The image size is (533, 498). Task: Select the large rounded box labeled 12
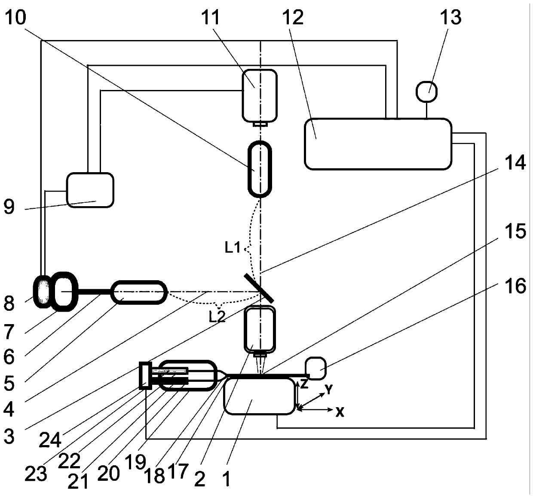378,144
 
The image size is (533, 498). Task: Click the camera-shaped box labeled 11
259,95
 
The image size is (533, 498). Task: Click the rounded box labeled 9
90,190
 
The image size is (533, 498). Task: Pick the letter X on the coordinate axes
340,412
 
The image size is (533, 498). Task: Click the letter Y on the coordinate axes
328,390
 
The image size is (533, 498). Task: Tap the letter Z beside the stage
304,384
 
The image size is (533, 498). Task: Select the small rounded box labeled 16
316,368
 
